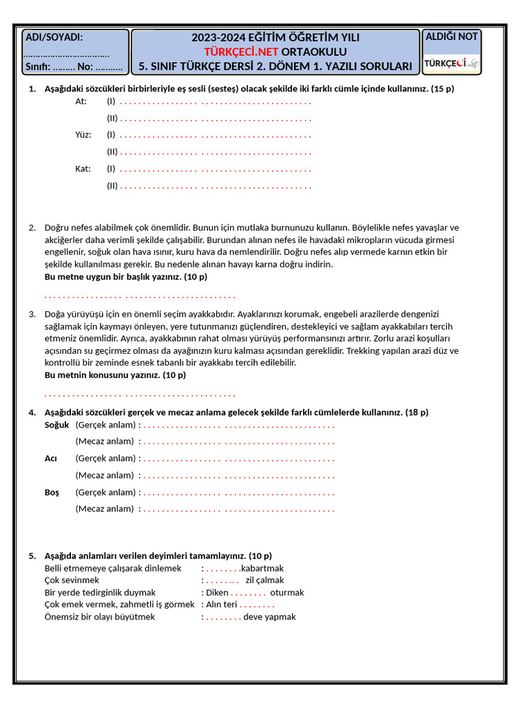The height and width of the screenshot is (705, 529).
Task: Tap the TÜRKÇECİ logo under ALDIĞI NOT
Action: pos(452,63)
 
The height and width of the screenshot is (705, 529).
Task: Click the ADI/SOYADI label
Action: pos(54,37)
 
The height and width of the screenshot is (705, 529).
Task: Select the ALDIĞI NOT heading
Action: pos(452,36)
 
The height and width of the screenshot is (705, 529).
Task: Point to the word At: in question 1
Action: pos(81,101)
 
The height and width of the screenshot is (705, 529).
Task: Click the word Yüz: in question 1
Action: pos(83,135)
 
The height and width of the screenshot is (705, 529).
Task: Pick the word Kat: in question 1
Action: pos(83,169)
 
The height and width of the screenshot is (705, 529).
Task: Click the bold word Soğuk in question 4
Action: pos(57,425)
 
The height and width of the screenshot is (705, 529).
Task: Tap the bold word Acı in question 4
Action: pos(51,459)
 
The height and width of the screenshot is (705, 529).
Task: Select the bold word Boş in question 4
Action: pos(52,492)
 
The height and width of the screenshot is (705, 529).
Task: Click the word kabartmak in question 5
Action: pos(262,569)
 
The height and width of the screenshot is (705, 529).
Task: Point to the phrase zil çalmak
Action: pos(264,580)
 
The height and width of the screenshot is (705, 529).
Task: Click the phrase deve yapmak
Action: pos(269,617)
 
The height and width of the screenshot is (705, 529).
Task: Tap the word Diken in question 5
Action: pos(217,593)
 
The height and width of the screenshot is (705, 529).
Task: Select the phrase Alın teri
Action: pos(222,604)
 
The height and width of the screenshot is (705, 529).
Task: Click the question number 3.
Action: pos(32,314)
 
